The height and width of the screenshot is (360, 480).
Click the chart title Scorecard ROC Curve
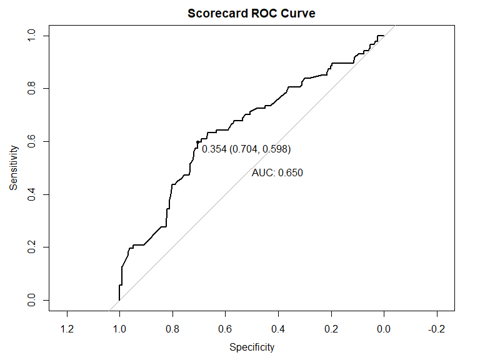coord(252,13)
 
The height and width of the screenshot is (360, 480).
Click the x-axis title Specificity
coord(252,347)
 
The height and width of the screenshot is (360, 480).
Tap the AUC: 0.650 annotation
coord(277,173)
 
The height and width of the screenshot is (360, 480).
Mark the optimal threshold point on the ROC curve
coord(197,142)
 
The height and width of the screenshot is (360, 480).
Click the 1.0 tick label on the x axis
coord(119,329)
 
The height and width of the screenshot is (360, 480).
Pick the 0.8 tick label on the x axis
coord(172,329)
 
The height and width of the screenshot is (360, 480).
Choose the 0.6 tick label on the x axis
coord(226,329)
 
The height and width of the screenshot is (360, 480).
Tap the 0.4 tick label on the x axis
coord(279,329)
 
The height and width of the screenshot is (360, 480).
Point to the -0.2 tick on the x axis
coord(436,329)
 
